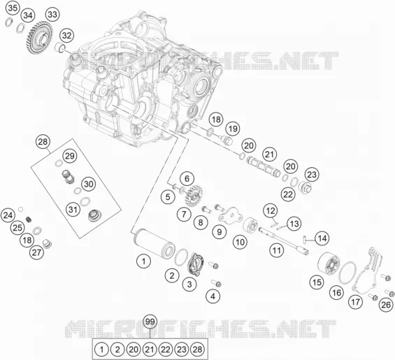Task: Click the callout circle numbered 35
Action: (13, 8)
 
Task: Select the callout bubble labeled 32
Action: (66, 36)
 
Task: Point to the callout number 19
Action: (233, 129)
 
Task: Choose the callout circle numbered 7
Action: (184, 214)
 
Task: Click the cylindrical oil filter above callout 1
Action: (154, 243)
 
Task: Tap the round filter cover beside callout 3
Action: (196, 264)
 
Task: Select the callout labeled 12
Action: (271, 210)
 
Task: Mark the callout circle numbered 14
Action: (322, 238)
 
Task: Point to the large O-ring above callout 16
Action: (347, 273)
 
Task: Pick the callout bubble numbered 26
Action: (386, 305)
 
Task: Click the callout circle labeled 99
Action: (150, 322)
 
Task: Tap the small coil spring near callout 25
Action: (29, 219)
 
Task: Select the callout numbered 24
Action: (8, 215)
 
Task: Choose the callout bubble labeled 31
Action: (73, 209)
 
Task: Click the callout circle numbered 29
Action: (70, 156)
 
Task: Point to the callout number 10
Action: (240, 242)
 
